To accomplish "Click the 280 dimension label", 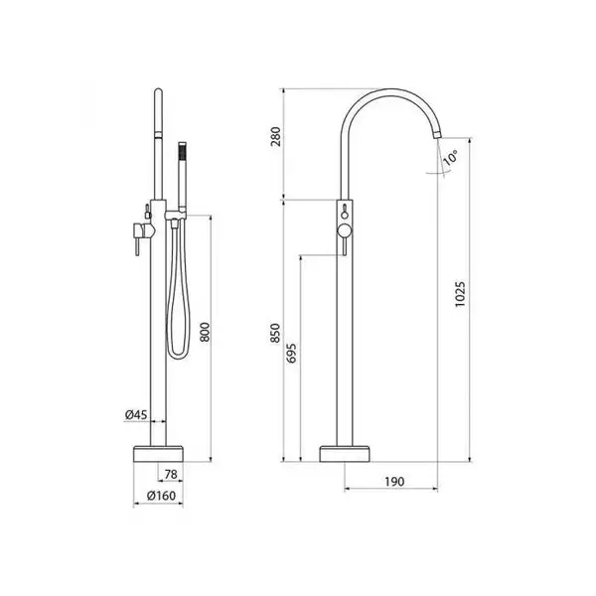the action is pos(275,136).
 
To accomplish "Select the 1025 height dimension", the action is pos(460,294).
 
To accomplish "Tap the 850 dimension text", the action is pos(275,333).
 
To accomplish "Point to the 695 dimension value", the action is pos(291,353).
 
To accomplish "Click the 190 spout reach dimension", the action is pos(394,482).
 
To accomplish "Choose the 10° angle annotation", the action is pos(451,157).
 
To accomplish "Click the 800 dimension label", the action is pos(205,332).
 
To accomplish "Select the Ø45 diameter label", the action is pos(136,414).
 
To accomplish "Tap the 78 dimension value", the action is pos(171,474).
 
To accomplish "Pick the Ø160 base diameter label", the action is pos(161,496).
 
